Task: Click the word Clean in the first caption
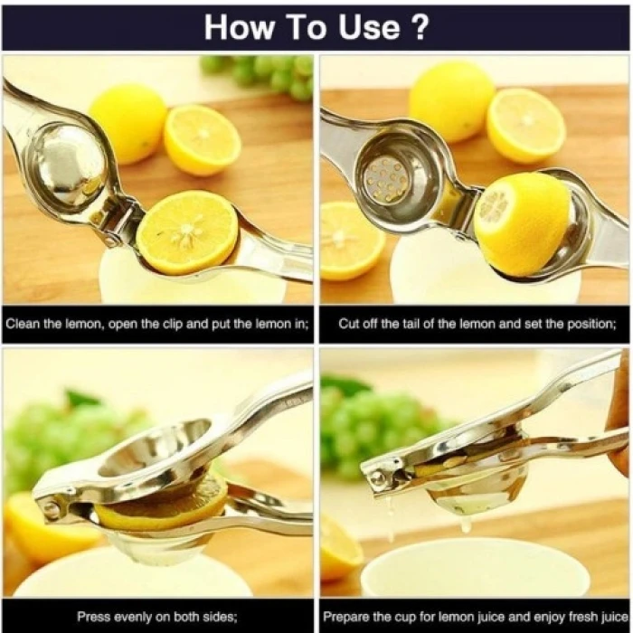click(27, 323)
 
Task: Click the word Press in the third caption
click(94, 617)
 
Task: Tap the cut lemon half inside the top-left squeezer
click(188, 231)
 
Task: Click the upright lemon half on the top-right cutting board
click(526, 125)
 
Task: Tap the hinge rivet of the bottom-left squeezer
click(52, 509)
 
